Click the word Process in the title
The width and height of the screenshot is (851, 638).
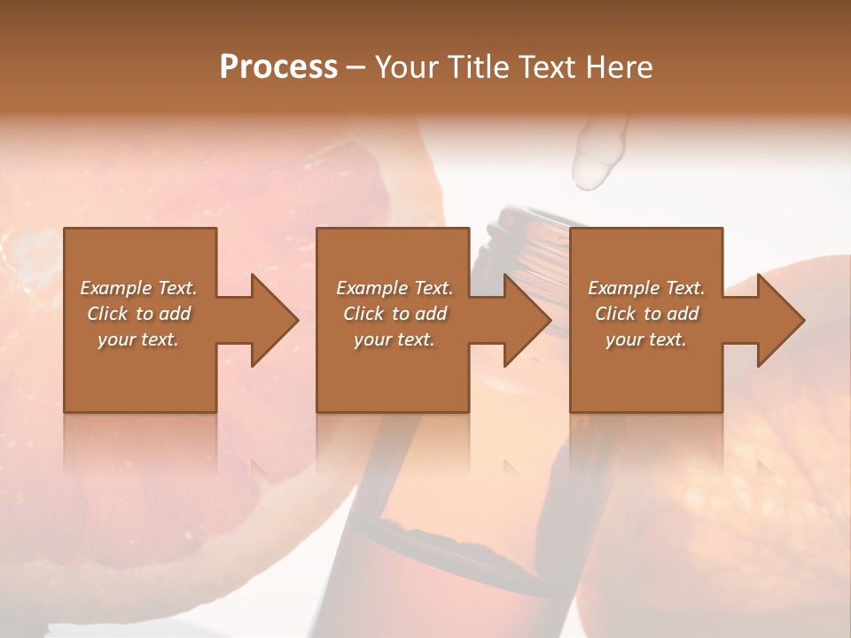click(278, 67)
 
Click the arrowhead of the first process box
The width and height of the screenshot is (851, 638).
click(275, 320)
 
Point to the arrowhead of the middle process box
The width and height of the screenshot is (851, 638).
click(527, 320)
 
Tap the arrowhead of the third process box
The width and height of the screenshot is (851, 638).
click(781, 320)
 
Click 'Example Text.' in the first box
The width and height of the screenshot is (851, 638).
click(138, 288)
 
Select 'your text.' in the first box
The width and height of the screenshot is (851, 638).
click(138, 339)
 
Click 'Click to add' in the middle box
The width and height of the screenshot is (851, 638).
click(394, 314)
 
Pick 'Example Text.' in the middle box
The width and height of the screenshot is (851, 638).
click(394, 288)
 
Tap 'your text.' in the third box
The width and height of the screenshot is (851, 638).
click(646, 339)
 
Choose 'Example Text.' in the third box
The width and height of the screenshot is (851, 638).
click(646, 288)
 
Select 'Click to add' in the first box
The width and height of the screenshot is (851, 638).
click(138, 314)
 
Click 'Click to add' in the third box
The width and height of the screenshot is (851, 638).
click(646, 314)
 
